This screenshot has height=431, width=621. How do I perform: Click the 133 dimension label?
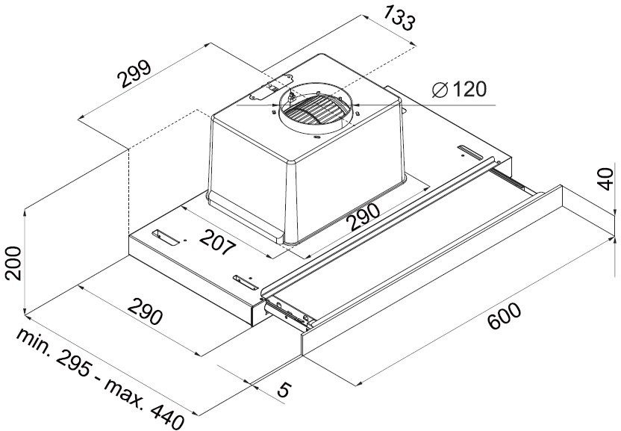[399, 18]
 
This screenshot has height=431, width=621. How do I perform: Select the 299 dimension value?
[135, 74]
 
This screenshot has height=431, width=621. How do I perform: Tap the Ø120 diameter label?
[459, 90]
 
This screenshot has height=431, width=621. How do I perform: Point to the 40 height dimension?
[606, 179]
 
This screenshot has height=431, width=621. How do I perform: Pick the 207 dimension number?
[217, 241]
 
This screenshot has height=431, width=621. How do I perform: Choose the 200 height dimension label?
[13, 263]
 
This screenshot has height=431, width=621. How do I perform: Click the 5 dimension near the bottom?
[284, 389]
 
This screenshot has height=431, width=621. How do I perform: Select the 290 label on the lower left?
[145, 311]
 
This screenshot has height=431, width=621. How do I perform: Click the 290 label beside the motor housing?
[364, 217]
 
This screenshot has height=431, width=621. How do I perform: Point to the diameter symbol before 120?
[440, 90]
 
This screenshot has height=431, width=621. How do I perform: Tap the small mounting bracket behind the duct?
[269, 88]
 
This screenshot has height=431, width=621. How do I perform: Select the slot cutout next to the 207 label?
[166, 237]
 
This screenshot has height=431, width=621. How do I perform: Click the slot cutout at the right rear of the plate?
[470, 151]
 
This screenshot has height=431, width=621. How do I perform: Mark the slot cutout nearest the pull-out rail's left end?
[246, 282]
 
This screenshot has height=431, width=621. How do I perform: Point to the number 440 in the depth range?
[167, 416]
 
